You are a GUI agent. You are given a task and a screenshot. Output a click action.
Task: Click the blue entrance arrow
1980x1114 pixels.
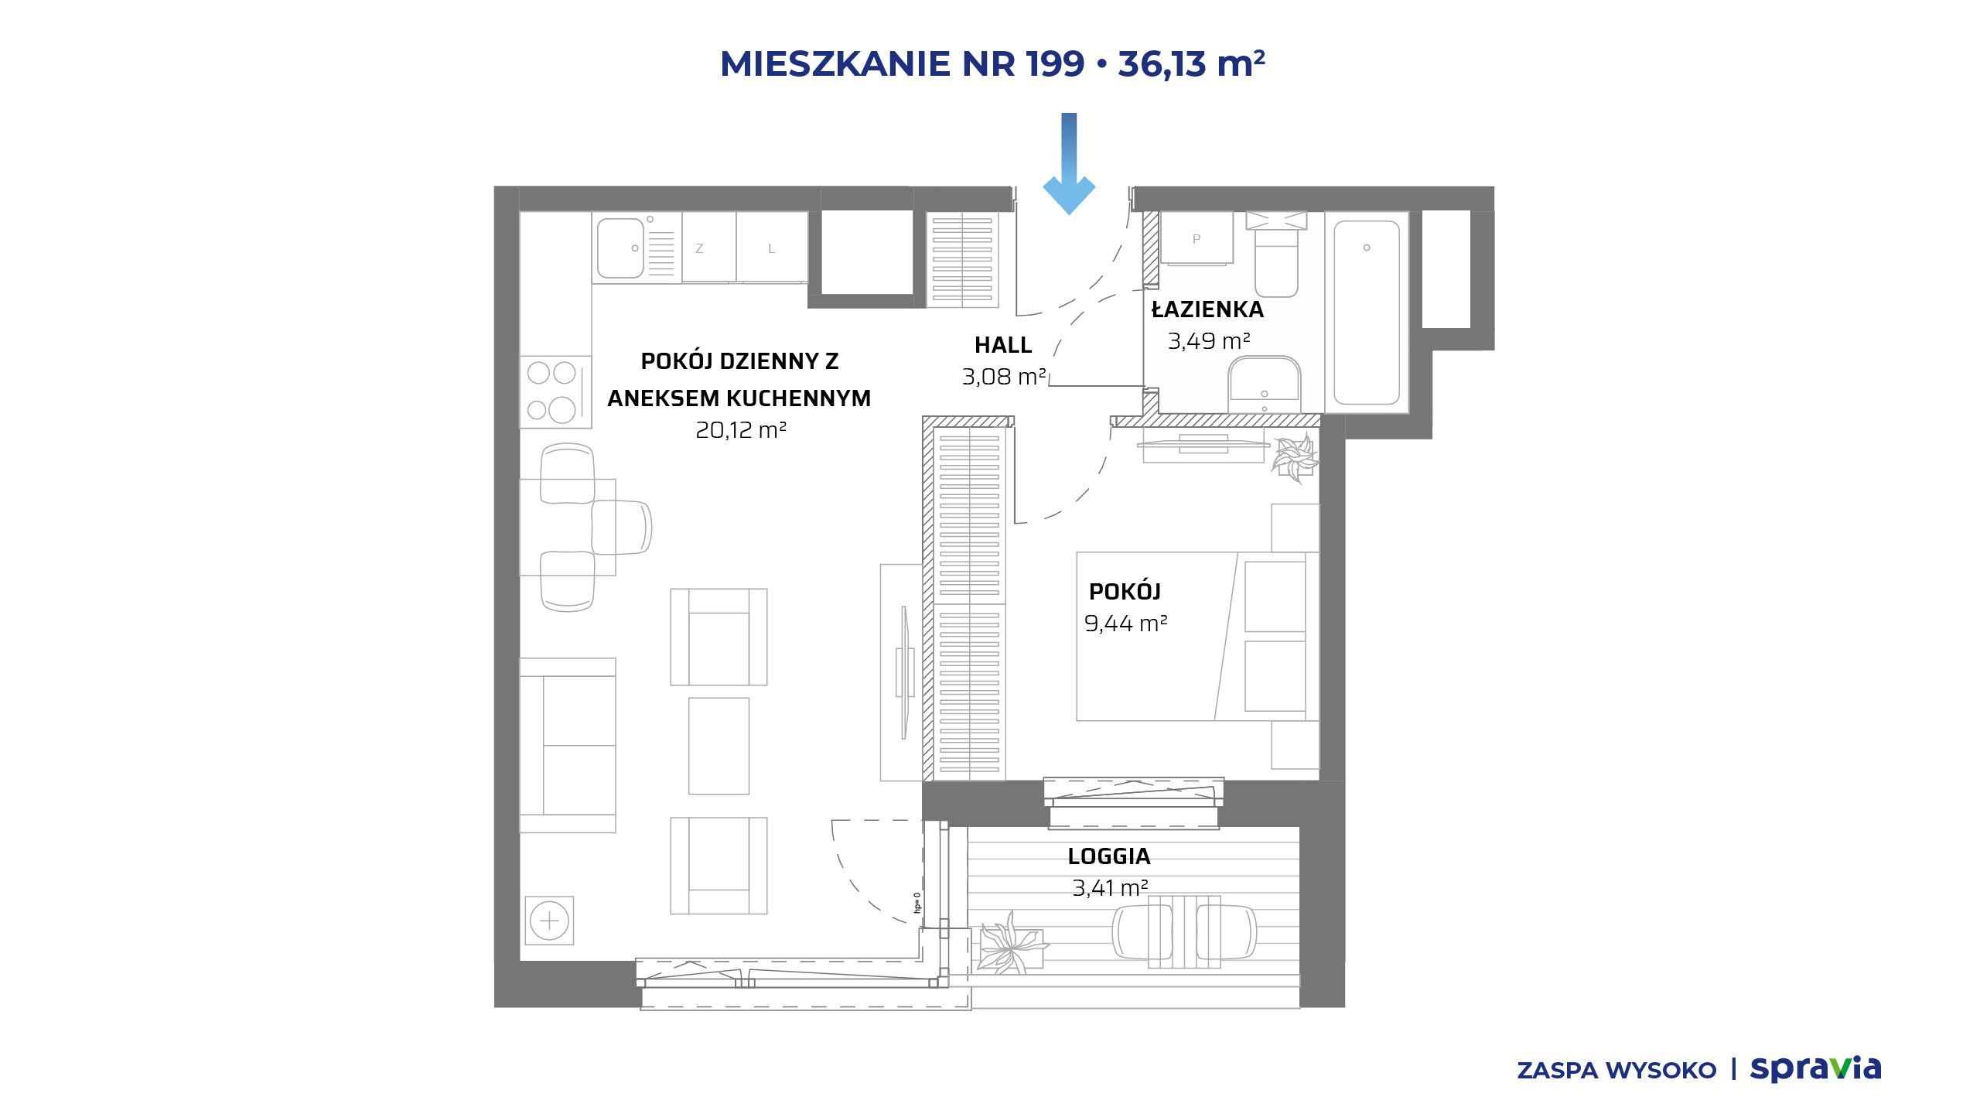(x=1069, y=164)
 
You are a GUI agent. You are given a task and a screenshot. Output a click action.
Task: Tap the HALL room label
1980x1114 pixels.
(x=1003, y=345)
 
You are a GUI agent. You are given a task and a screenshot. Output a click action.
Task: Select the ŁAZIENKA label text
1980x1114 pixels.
(x=1207, y=309)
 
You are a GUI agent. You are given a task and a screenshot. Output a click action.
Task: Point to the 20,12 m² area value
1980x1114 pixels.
(x=741, y=430)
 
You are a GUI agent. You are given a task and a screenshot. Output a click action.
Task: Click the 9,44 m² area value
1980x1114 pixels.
(x=1125, y=623)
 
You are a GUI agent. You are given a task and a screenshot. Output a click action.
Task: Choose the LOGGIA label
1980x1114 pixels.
(x=1109, y=856)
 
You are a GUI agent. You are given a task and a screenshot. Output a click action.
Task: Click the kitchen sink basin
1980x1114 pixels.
(x=620, y=248)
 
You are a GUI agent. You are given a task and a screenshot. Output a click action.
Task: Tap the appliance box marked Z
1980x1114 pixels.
(x=708, y=248)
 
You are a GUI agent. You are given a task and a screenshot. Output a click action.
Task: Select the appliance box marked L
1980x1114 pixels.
(x=772, y=248)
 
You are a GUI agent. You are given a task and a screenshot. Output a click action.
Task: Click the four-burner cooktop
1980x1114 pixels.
(x=555, y=391)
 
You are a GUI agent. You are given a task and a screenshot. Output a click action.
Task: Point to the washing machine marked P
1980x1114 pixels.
(x=1197, y=238)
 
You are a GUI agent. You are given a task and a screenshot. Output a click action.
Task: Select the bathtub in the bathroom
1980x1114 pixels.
(x=1367, y=313)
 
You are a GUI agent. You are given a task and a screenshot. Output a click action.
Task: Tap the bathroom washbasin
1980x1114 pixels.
(x=1265, y=384)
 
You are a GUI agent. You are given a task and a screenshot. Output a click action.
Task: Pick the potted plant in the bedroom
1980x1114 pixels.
(x=1295, y=458)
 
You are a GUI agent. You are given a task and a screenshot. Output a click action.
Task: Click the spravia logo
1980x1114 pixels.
(x=1815, y=1069)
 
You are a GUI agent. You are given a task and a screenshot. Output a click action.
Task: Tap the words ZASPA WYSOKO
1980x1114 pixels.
(x=1616, y=1071)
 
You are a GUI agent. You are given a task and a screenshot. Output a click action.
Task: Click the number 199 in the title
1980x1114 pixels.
(x=1055, y=63)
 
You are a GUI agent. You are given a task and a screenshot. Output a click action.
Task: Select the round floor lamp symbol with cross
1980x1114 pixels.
(x=549, y=921)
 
